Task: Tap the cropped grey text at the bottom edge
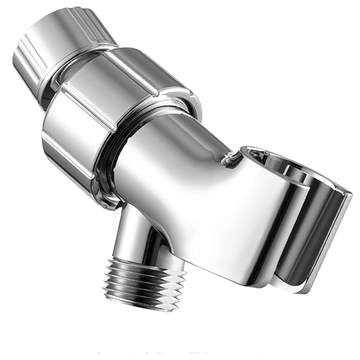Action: coord(180,356)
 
